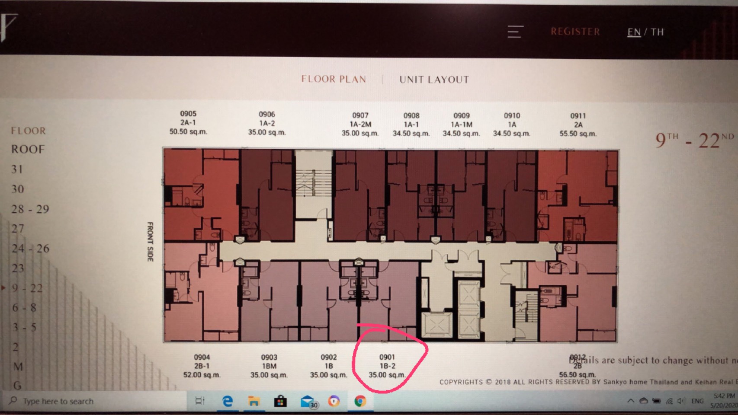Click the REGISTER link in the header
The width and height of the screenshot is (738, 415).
(x=575, y=32)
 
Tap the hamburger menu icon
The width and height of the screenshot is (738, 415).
(x=515, y=32)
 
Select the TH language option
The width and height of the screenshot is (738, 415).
(x=657, y=32)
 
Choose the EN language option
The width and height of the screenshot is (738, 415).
(x=634, y=32)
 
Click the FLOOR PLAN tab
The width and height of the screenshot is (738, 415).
(x=334, y=79)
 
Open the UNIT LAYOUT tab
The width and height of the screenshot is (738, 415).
(x=434, y=80)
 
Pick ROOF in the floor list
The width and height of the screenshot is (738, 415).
(x=28, y=150)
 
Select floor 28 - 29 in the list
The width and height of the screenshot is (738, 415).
(x=30, y=209)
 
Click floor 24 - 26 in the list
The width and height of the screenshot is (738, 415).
(x=30, y=249)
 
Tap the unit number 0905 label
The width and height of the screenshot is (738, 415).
(x=188, y=114)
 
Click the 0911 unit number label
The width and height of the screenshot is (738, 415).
(x=578, y=116)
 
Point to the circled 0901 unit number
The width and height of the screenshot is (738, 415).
(x=387, y=357)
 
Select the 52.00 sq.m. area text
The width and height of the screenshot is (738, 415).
(x=202, y=375)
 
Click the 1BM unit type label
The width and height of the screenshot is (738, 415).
(x=269, y=366)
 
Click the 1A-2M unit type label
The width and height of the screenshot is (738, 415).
(x=360, y=124)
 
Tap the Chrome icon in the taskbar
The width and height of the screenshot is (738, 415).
(x=360, y=401)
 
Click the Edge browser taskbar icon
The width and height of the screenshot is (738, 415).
(x=227, y=401)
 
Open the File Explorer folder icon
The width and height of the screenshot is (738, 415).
(x=253, y=401)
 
